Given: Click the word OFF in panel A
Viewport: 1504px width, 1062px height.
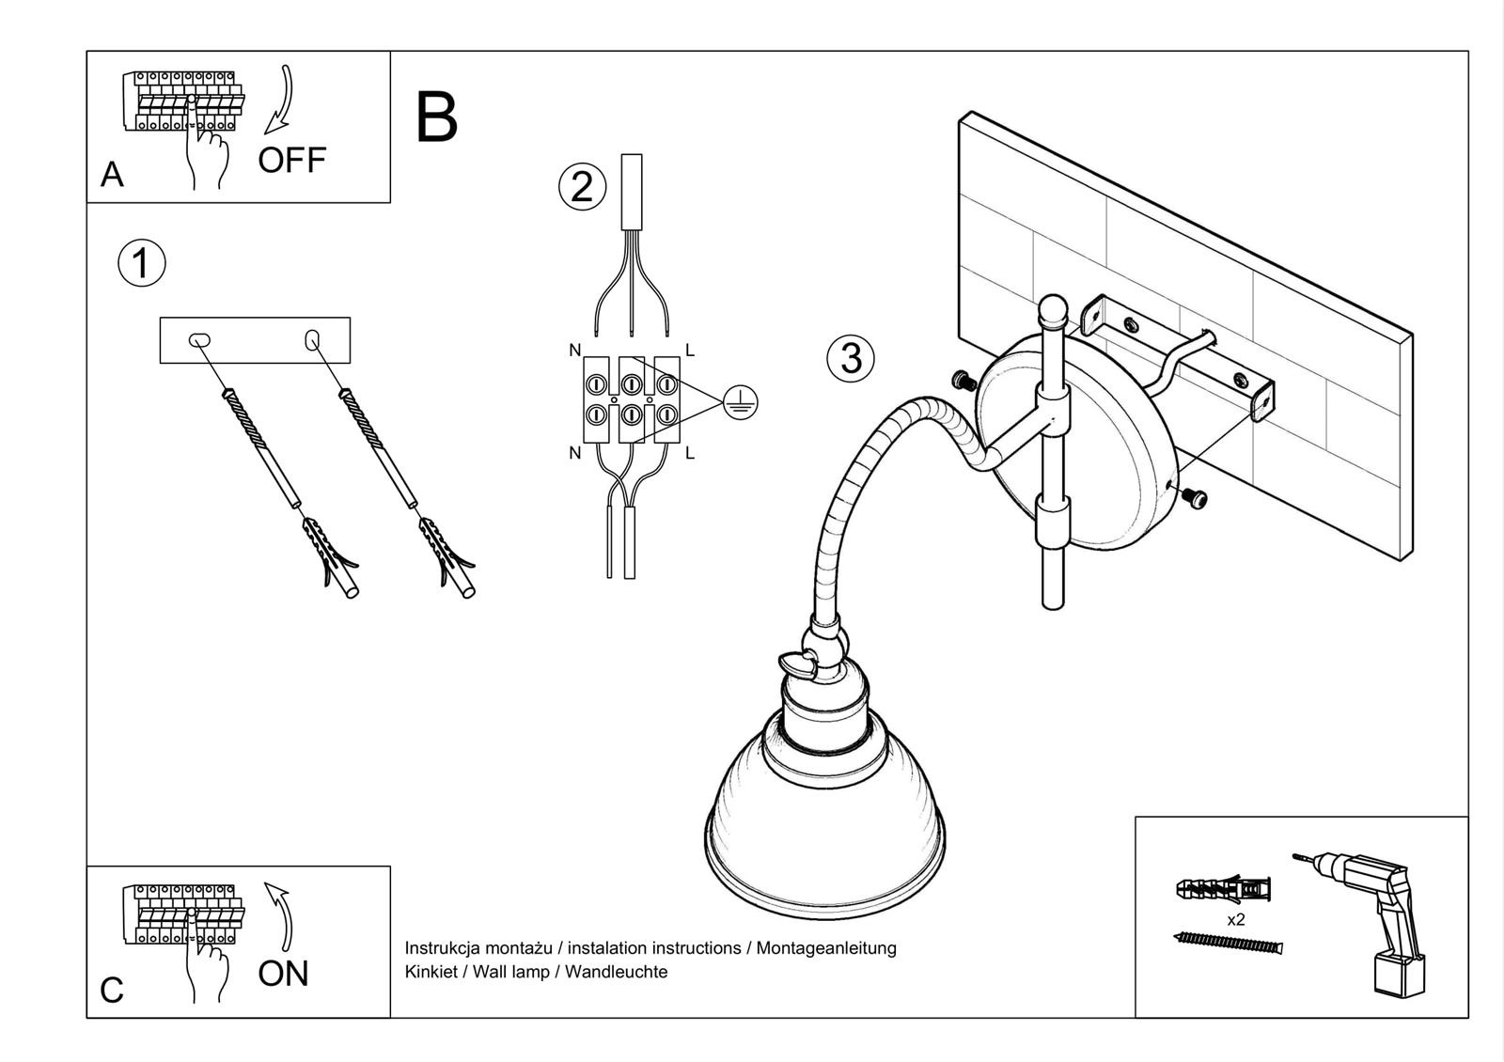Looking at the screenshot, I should pyautogui.click(x=292, y=160).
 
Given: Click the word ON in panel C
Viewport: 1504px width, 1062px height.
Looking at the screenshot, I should pyautogui.click(x=283, y=974).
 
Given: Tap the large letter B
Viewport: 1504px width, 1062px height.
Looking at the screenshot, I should pyautogui.click(x=436, y=118).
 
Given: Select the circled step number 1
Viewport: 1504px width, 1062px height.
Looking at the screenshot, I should pyautogui.click(x=141, y=263).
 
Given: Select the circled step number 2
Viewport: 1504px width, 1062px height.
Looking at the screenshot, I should pyautogui.click(x=582, y=186).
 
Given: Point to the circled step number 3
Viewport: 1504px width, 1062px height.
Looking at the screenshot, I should pyautogui.click(x=851, y=358).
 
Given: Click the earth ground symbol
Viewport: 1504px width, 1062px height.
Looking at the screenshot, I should pyautogui.click(x=741, y=403).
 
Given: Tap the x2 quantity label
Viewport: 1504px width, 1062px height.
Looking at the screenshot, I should pyautogui.click(x=1235, y=920).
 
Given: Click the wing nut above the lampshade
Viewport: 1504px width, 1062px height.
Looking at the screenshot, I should pyautogui.click(x=800, y=664).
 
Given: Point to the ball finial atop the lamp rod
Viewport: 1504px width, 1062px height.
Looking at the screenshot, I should pyautogui.click(x=1054, y=309).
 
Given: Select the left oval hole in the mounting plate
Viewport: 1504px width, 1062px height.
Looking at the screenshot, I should pyautogui.click(x=200, y=341).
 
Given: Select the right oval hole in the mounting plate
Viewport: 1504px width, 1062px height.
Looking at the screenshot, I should pyautogui.click(x=313, y=340).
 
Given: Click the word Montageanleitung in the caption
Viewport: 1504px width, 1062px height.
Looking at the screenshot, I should pyautogui.click(x=826, y=948).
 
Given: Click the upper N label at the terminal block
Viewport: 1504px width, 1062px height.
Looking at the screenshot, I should pyautogui.click(x=575, y=351).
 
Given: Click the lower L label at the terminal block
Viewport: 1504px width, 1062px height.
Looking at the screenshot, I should pyautogui.click(x=690, y=454).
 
